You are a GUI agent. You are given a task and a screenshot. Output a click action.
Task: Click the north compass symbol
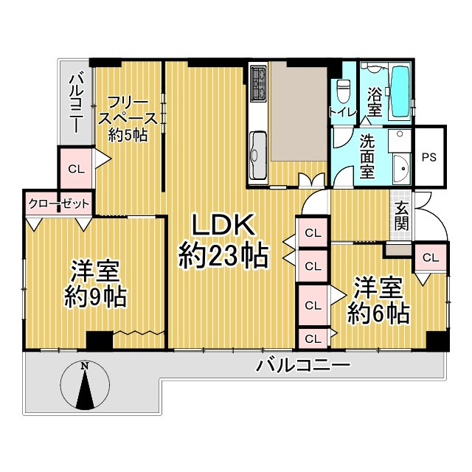click(x=86, y=385)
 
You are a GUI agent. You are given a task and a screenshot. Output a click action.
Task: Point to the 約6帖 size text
click(x=379, y=313)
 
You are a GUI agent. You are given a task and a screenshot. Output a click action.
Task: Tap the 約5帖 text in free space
click(x=128, y=134)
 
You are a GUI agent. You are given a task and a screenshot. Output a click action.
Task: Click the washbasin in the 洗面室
click(x=403, y=167)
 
